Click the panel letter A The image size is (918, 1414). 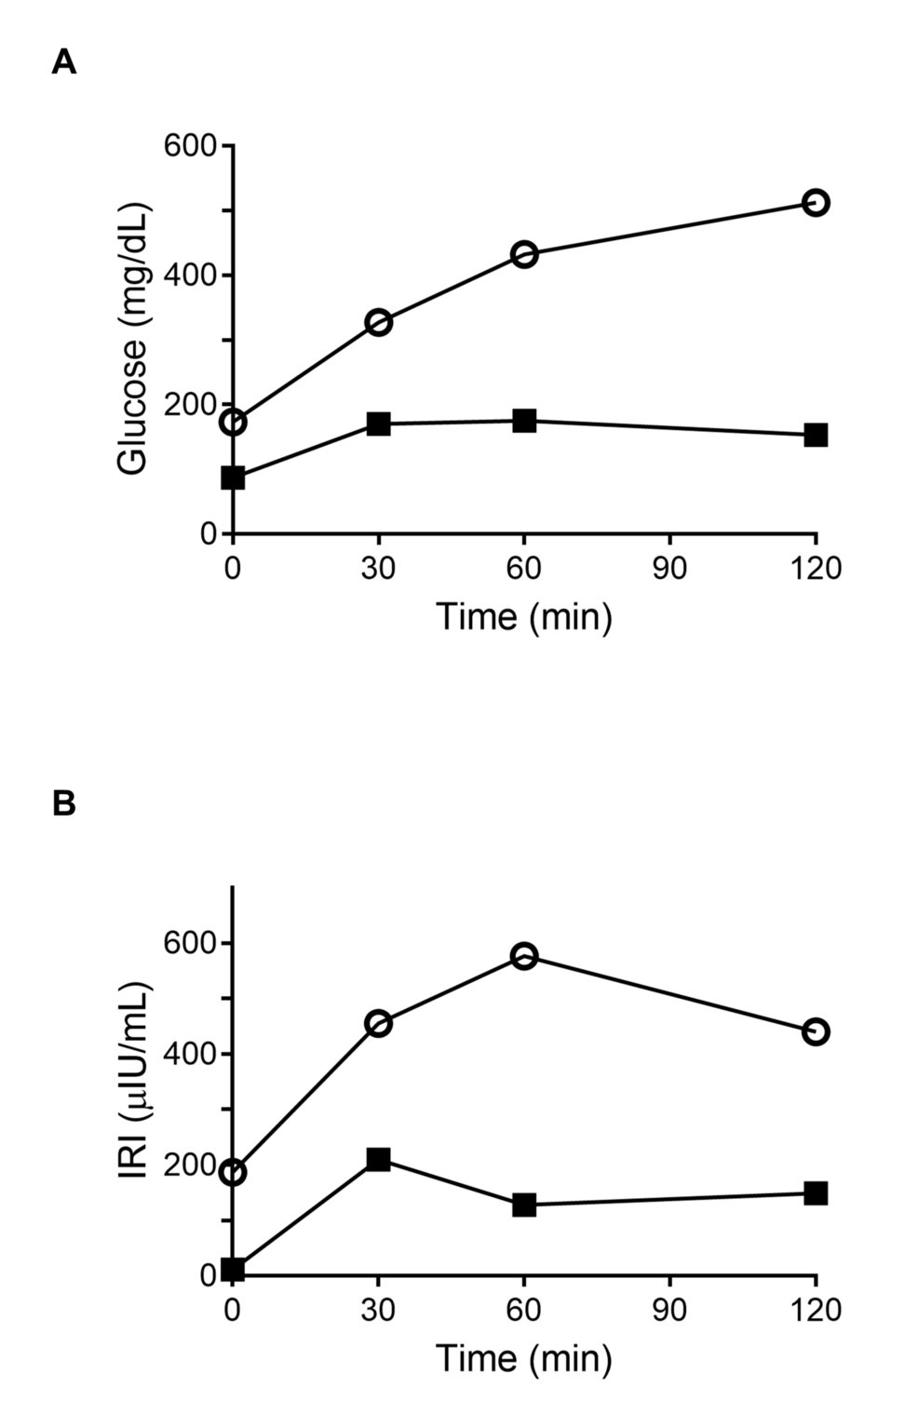coord(63,62)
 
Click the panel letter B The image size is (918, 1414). coord(63,803)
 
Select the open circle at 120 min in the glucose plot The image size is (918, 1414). coord(815,202)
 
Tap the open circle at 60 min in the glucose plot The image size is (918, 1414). coord(524,254)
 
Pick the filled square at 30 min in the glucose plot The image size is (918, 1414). coord(378,424)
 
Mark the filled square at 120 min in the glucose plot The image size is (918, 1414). coord(815,435)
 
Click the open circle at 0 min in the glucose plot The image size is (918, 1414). coord(233,422)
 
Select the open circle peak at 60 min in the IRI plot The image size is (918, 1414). coord(524,956)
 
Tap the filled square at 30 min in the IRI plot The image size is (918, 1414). coord(378,1159)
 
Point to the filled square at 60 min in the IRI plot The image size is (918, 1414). coord(524,1205)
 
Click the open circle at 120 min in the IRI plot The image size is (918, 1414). coord(815,1031)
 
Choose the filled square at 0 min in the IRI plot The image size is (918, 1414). coord(233,1270)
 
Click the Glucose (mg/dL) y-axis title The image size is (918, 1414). coord(133,340)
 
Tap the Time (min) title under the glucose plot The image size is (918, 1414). coord(524,616)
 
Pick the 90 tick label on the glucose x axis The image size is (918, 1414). coord(669,568)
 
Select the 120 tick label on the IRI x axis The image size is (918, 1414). coord(815,1310)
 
